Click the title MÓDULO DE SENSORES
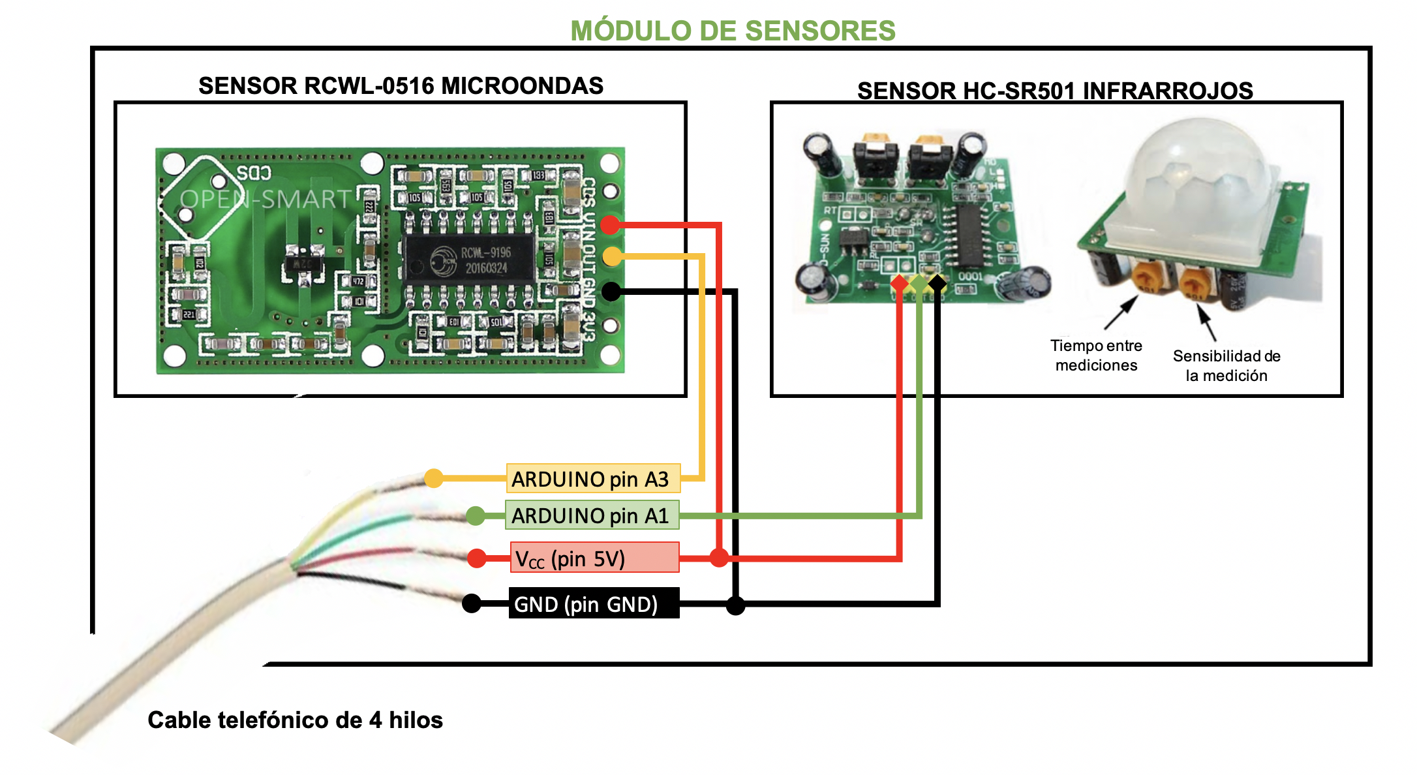coord(733,31)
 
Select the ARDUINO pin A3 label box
coord(593,479)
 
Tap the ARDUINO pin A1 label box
coord(592,515)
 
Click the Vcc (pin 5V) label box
coord(594,558)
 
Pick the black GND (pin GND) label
coord(594,604)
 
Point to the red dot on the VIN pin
coord(610,225)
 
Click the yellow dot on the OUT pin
coord(612,256)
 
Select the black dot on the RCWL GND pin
coord(611,291)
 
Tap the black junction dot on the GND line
coord(735,605)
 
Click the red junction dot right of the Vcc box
coord(719,558)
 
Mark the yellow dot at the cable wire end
coord(433,478)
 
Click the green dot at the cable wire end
coord(476,516)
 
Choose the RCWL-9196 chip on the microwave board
coord(468,260)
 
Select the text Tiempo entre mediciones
coord(1096,356)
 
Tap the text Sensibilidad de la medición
coord(1226,365)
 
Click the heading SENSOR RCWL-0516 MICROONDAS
coord(401,86)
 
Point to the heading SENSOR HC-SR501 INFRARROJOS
coord(1054,91)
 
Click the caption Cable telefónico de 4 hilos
coord(295,720)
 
